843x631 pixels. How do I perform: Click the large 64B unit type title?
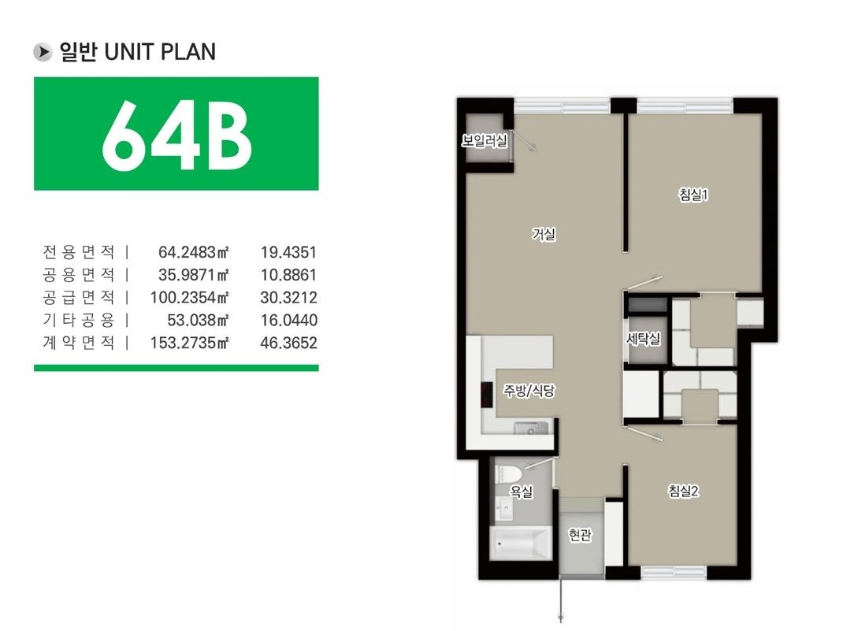coord(177,135)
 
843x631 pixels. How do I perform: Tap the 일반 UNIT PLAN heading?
coord(138,52)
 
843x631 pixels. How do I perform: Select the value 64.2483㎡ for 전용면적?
coord(194,252)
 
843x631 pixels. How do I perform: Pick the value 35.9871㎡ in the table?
coord(194,275)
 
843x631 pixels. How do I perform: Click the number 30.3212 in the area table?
coord(288,297)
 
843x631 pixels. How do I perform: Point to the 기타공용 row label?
coord(79,320)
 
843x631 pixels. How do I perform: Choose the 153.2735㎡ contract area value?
coord(190,343)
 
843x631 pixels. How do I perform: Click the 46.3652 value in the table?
coord(288,343)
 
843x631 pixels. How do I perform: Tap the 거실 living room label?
coord(544,234)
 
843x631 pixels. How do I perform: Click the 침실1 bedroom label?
coord(693,194)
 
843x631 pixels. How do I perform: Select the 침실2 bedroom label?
coord(683,490)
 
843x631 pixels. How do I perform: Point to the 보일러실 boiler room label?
coord(485,141)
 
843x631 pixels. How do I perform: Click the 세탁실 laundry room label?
coord(644,339)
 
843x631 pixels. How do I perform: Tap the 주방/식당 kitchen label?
coord(529,391)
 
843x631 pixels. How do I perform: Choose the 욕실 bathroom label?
coord(521,491)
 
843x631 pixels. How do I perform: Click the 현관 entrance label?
coord(581,535)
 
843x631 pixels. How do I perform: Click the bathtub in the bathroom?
coord(520,543)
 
